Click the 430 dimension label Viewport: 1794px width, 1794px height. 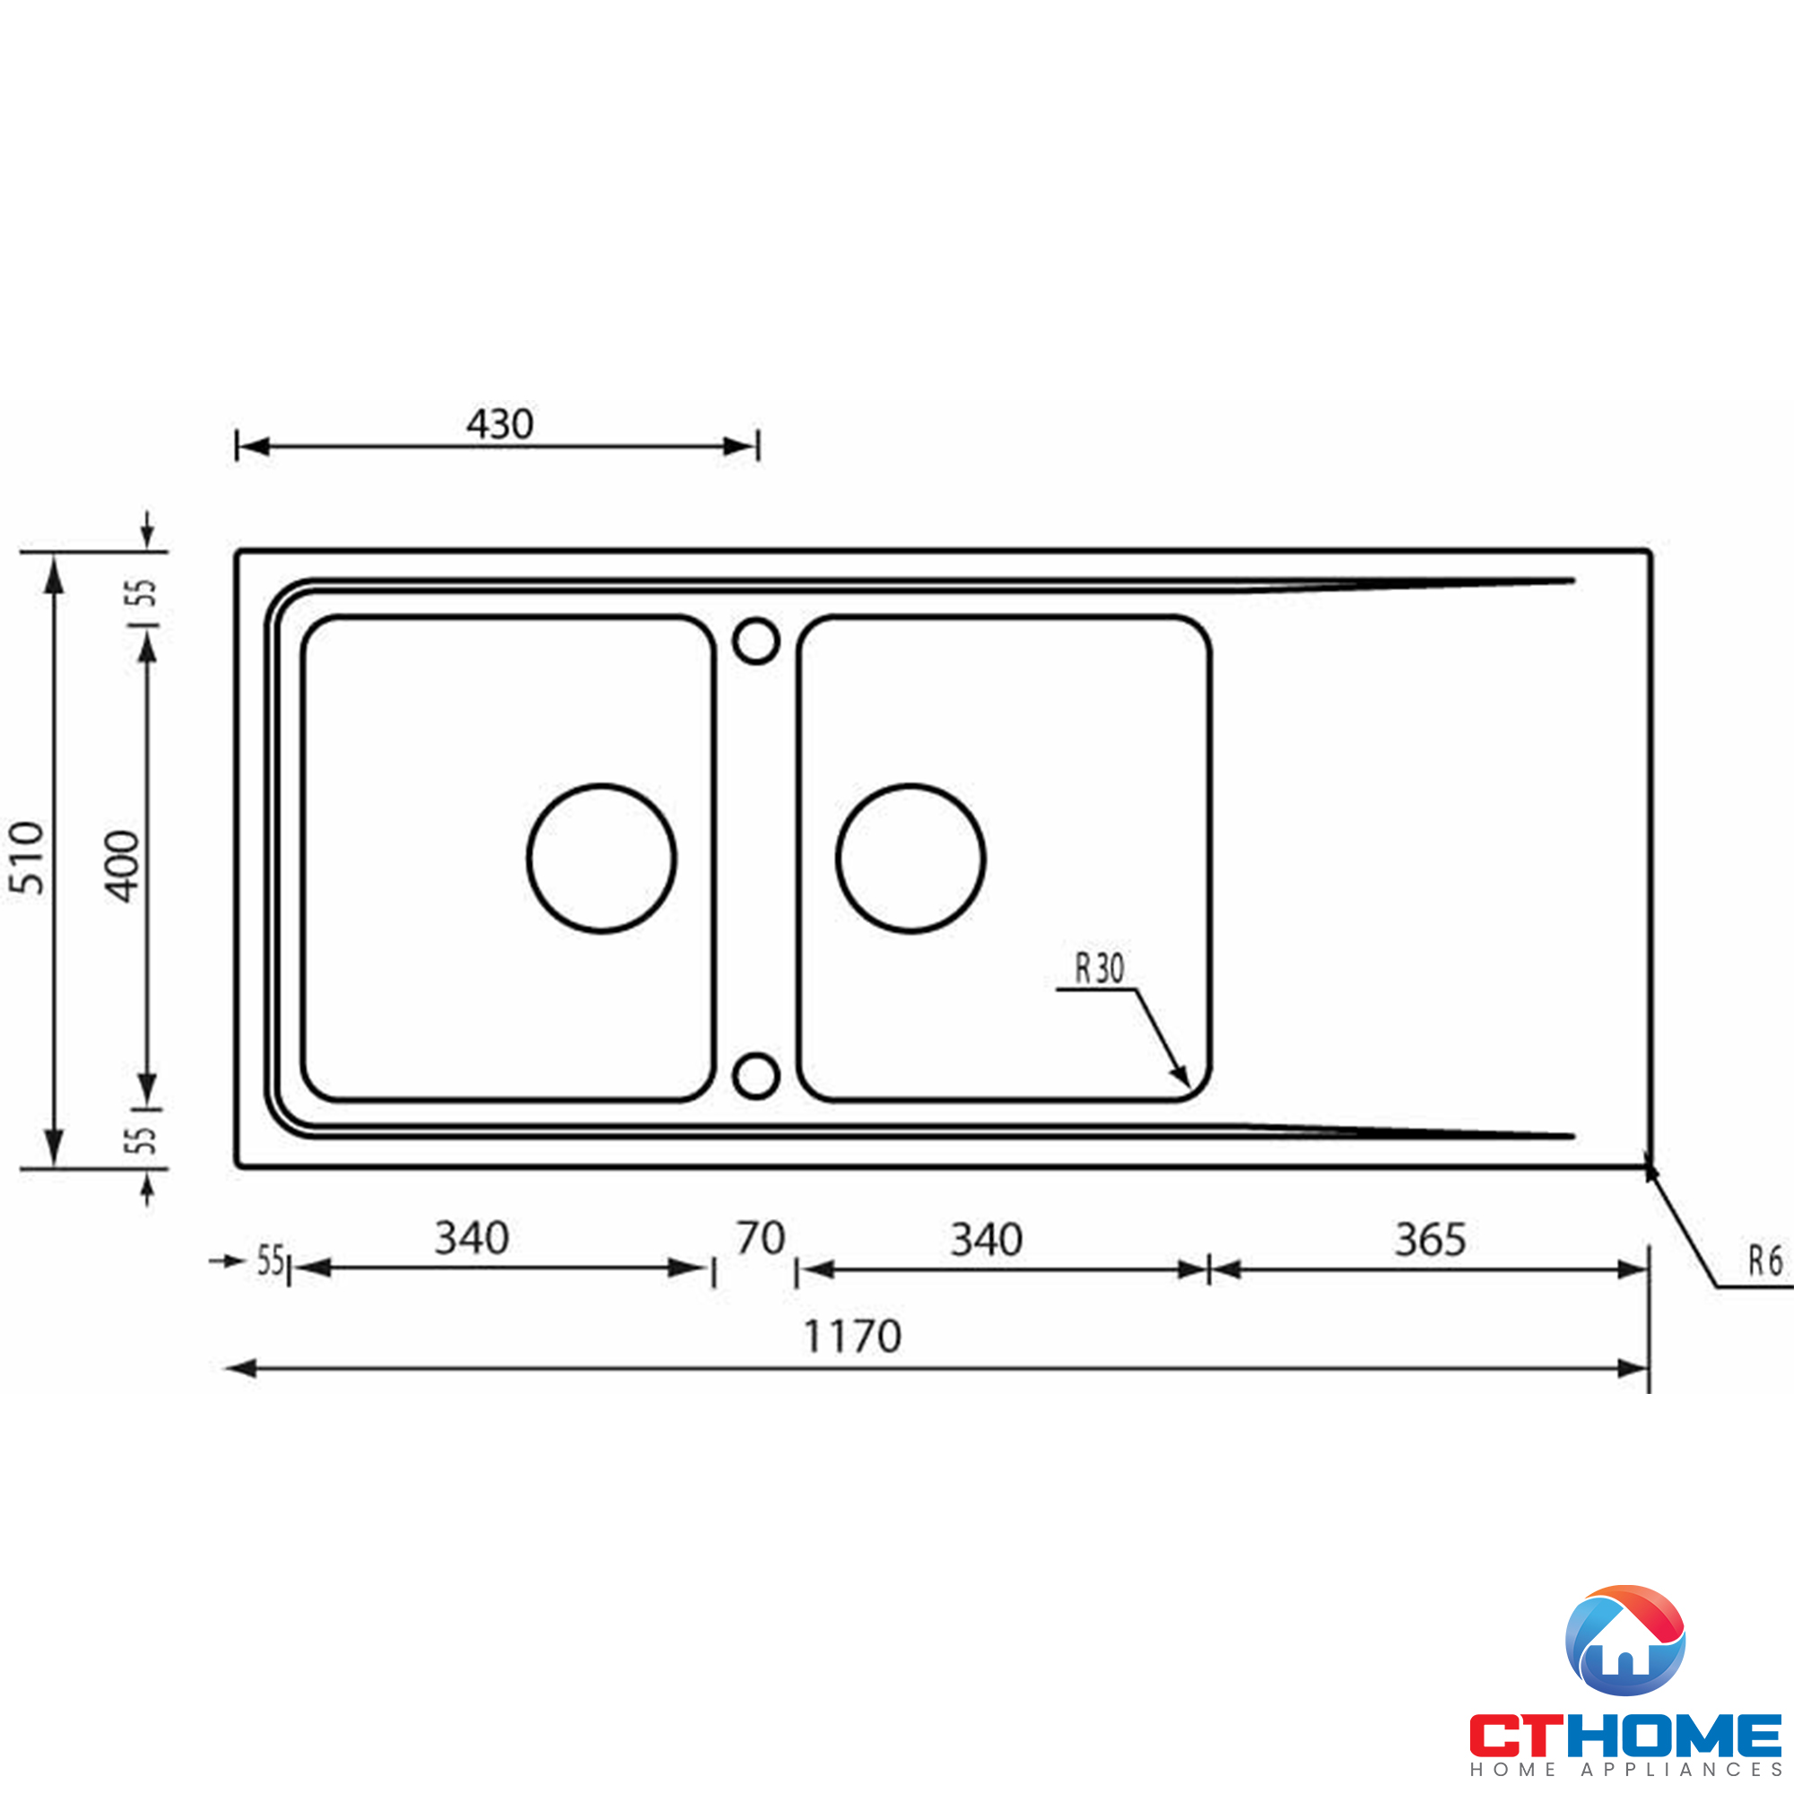click(x=500, y=424)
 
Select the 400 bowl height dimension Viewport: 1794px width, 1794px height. click(x=122, y=867)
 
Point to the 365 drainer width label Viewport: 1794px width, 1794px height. click(x=1430, y=1240)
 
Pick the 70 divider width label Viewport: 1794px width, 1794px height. click(x=761, y=1238)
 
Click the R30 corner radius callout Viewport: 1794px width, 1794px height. click(x=1100, y=969)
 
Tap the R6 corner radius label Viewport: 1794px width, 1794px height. click(x=1765, y=1261)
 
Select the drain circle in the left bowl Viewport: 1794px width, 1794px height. click(x=602, y=858)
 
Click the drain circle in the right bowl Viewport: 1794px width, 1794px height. click(x=910, y=858)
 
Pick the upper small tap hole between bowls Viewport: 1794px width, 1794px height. click(x=756, y=640)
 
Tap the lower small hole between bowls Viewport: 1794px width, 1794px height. click(x=756, y=1076)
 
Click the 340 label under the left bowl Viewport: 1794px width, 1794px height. click(x=472, y=1238)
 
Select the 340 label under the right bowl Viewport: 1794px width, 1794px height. click(x=986, y=1240)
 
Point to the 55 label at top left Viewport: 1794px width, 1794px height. click(x=141, y=591)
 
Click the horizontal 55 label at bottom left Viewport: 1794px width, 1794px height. click(x=270, y=1261)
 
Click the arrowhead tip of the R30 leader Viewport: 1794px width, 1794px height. click(x=1189, y=1084)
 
